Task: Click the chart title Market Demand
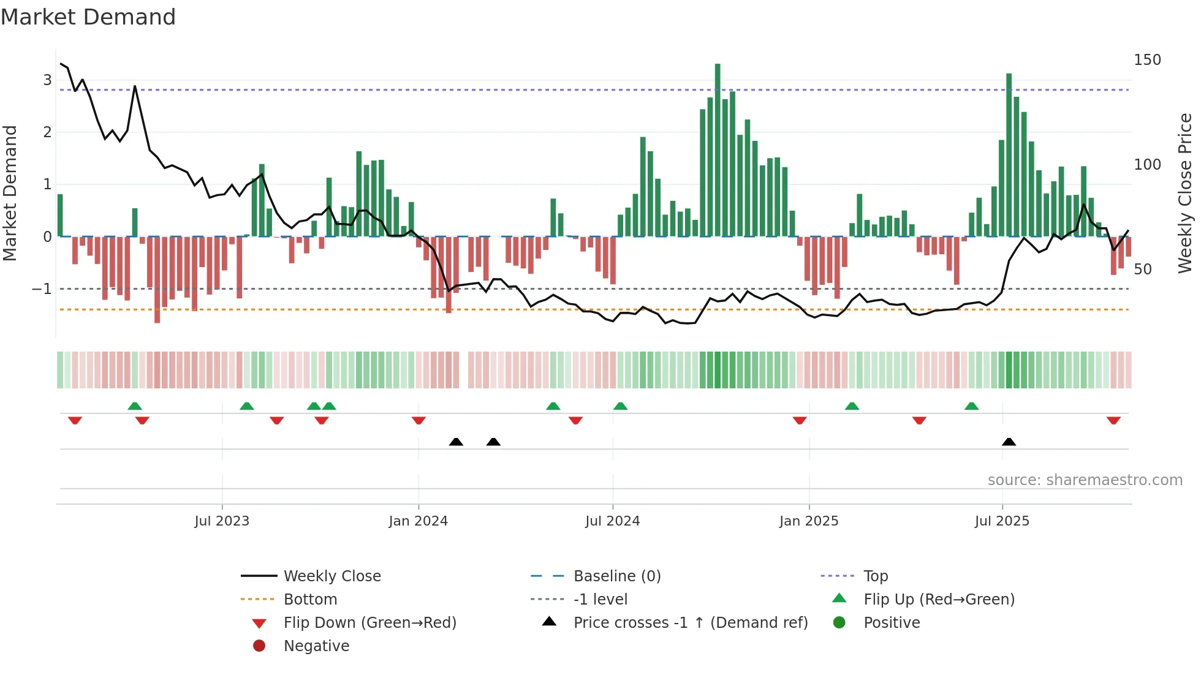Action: click(x=88, y=17)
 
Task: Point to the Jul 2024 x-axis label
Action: click(x=612, y=521)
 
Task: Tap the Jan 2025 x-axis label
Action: click(x=808, y=521)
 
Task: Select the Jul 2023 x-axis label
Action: click(x=222, y=521)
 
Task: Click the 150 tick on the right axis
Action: click(x=1147, y=60)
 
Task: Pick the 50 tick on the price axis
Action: click(x=1142, y=270)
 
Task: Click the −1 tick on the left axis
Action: click(x=42, y=288)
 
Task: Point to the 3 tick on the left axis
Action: click(x=47, y=80)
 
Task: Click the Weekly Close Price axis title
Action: click(x=1185, y=193)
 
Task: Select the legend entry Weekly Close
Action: click(x=332, y=576)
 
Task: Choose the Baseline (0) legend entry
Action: click(x=616, y=576)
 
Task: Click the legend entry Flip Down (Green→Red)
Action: click(x=369, y=623)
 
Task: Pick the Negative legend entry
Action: click(x=316, y=646)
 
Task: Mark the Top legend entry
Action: click(x=875, y=576)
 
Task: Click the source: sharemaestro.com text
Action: click(x=1085, y=480)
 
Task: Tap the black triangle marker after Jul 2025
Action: click(x=1009, y=442)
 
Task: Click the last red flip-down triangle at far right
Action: click(x=1113, y=420)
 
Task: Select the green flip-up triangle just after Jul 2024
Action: click(x=620, y=406)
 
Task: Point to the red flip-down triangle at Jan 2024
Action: click(x=419, y=420)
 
